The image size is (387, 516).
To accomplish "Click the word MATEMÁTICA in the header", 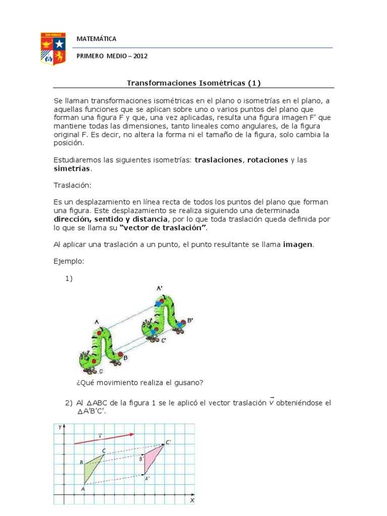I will coord(96,39).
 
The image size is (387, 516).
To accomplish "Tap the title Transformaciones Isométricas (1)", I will coord(193,83).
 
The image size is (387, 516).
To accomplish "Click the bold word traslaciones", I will coord(218,160).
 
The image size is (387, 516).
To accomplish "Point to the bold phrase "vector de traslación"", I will coord(163,228).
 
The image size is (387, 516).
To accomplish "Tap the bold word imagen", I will coord(298,244).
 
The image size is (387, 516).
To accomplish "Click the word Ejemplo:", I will coord(69,262).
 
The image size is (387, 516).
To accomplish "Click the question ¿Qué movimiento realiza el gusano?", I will coord(140,382).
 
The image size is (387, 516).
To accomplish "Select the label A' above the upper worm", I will coord(160,288).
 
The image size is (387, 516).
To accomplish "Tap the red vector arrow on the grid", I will coord(104,438).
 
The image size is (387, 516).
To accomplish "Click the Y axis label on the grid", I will coord(59,427).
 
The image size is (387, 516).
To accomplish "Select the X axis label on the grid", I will coord(192,501).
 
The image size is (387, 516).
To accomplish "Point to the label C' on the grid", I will coord(169,442).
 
